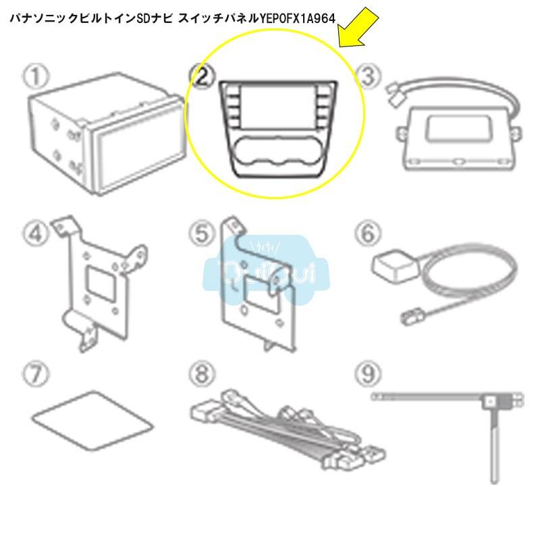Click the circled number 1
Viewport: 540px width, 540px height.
tap(35, 76)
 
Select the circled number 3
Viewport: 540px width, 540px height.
tap(367, 76)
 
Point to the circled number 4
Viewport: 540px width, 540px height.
tap(35, 234)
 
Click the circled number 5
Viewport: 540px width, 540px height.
tap(200, 234)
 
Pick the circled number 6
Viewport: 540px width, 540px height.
tap(367, 234)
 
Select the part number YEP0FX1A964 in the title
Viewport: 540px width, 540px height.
tap(298, 18)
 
